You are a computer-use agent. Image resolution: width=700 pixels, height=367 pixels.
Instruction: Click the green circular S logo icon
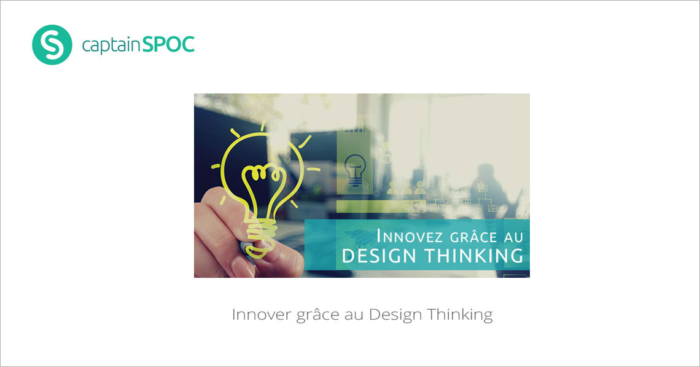(x=52, y=45)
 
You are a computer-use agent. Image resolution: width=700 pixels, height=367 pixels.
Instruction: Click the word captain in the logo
(x=111, y=45)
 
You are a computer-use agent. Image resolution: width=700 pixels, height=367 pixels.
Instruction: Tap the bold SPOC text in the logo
(x=168, y=45)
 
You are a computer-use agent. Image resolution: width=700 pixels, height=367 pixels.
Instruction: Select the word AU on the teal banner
(x=513, y=237)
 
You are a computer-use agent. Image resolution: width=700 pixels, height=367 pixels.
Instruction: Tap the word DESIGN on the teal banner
(x=379, y=256)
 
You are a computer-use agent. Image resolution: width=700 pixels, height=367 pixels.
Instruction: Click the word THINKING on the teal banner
(x=473, y=256)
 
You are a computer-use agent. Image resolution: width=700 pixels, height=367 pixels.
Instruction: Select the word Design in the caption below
(x=395, y=315)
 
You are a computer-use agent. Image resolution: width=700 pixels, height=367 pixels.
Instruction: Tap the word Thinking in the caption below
(x=460, y=315)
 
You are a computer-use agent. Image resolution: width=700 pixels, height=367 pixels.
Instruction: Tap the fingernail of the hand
(x=243, y=267)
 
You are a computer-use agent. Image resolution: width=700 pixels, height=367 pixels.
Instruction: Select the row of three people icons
(x=406, y=188)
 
